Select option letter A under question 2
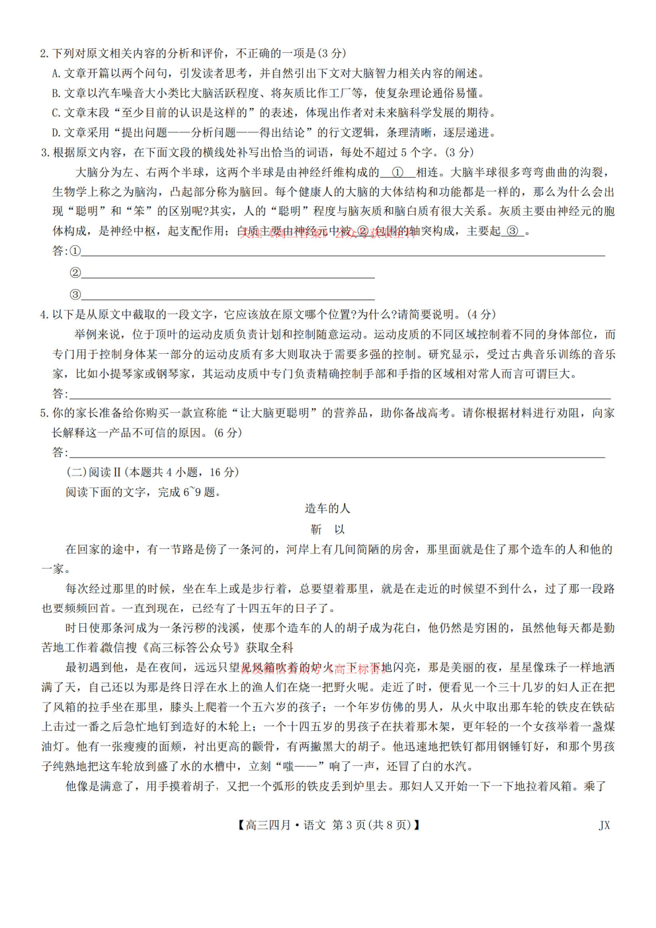tap(56, 73)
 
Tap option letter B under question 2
tap(56, 93)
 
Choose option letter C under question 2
tap(56, 113)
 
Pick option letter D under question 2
tap(56, 133)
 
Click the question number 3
tap(44, 153)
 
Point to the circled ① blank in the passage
tap(397, 173)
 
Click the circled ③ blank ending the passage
tap(512, 232)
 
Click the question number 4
tap(44, 315)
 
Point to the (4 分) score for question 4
tap(481, 315)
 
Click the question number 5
tap(44, 413)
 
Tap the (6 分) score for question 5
tap(228, 433)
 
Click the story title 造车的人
tap(327, 509)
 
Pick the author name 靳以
tap(327, 530)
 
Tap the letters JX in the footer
tap(604, 825)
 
